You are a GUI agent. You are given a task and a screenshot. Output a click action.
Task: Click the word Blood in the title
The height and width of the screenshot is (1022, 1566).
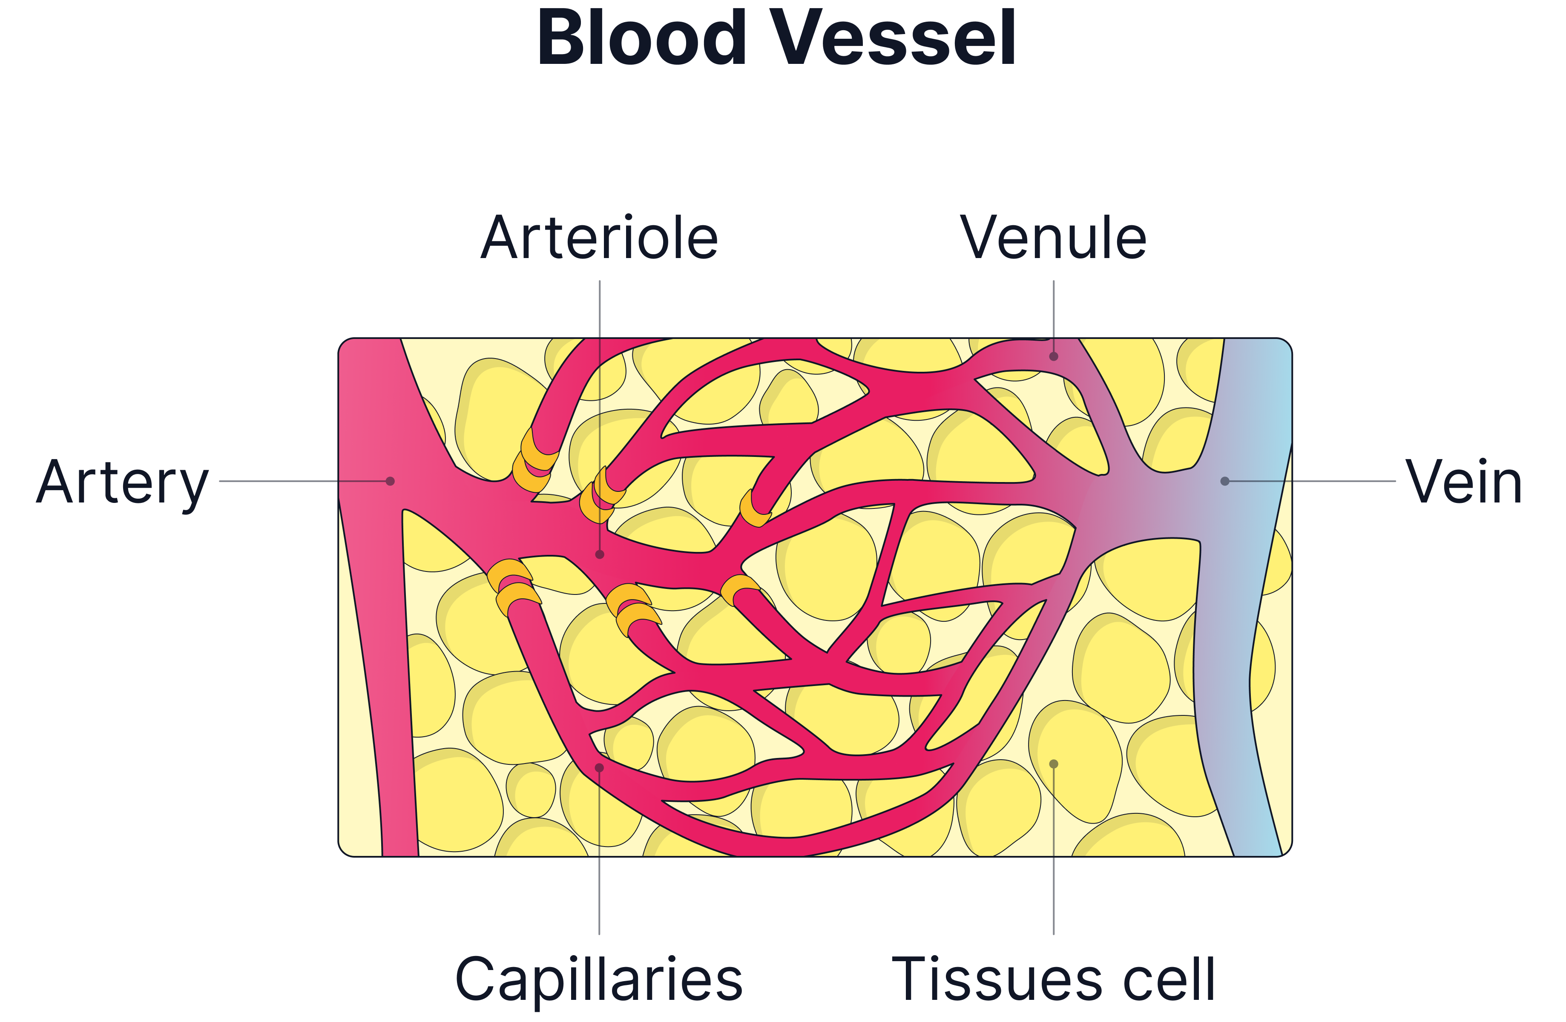pyautogui.click(x=641, y=38)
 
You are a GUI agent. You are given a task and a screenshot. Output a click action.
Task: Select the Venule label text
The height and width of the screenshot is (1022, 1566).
pyautogui.click(x=1053, y=238)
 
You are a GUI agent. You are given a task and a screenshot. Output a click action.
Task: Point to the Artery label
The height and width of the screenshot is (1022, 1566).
pyautogui.click(x=122, y=483)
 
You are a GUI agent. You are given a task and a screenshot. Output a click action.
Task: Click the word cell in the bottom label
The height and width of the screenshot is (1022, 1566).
pyautogui.click(x=1167, y=980)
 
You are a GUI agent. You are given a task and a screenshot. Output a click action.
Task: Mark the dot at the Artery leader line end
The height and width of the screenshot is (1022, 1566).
pyautogui.click(x=390, y=481)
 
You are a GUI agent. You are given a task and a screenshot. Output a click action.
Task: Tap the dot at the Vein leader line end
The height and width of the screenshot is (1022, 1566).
pyautogui.click(x=1224, y=481)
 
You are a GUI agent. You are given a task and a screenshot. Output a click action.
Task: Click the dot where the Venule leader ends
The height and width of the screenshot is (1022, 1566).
pyautogui.click(x=1053, y=356)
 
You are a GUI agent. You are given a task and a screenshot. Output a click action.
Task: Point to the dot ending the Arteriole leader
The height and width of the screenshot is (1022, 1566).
pyautogui.click(x=599, y=554)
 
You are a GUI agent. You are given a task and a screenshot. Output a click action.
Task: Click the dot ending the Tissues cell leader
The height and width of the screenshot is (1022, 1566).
pyautogui.click(x=1053, y=764)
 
